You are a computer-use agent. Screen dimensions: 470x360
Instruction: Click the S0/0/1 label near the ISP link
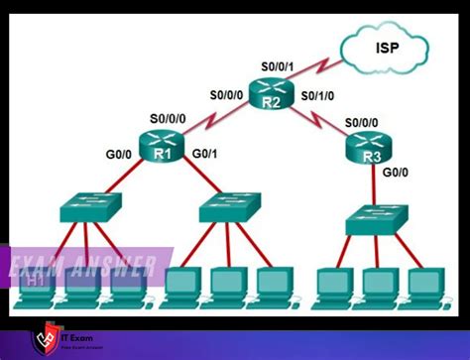click(279, 65)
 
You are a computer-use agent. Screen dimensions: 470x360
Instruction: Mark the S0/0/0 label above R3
click(364, 123)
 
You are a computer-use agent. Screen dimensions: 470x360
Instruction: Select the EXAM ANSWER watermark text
click(83, 265)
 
